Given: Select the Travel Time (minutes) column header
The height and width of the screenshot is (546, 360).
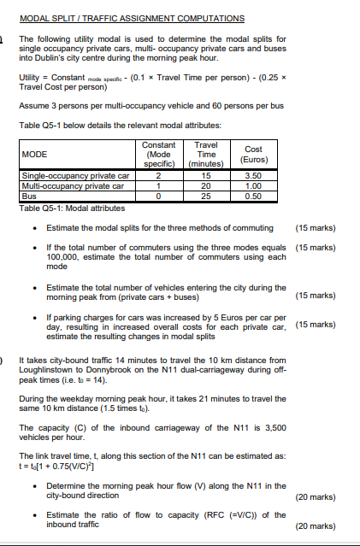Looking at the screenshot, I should pyautogui.click(x=206, y=155).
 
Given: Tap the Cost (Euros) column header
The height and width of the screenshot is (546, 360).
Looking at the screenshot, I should pyautogui.click(x=252, y=155).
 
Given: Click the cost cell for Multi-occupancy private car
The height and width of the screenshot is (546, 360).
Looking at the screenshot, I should pyautogui.click(x=252, y=185).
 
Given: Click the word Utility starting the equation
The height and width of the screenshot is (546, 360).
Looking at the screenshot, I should pyautogui.click(x=31, y=76).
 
